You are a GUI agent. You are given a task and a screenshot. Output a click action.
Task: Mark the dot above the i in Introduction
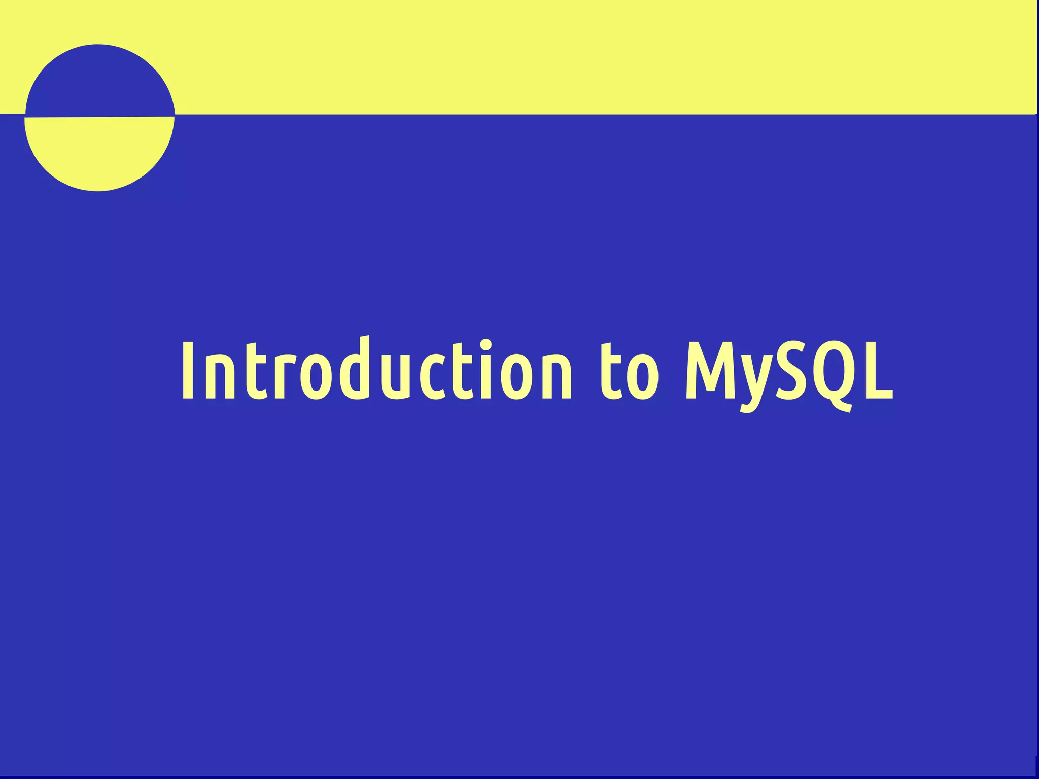[x=486, y=345]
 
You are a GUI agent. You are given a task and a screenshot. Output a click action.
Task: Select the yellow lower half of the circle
[x=99, y=152]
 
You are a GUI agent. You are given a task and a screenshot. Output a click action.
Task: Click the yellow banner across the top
[x=558, y=56]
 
